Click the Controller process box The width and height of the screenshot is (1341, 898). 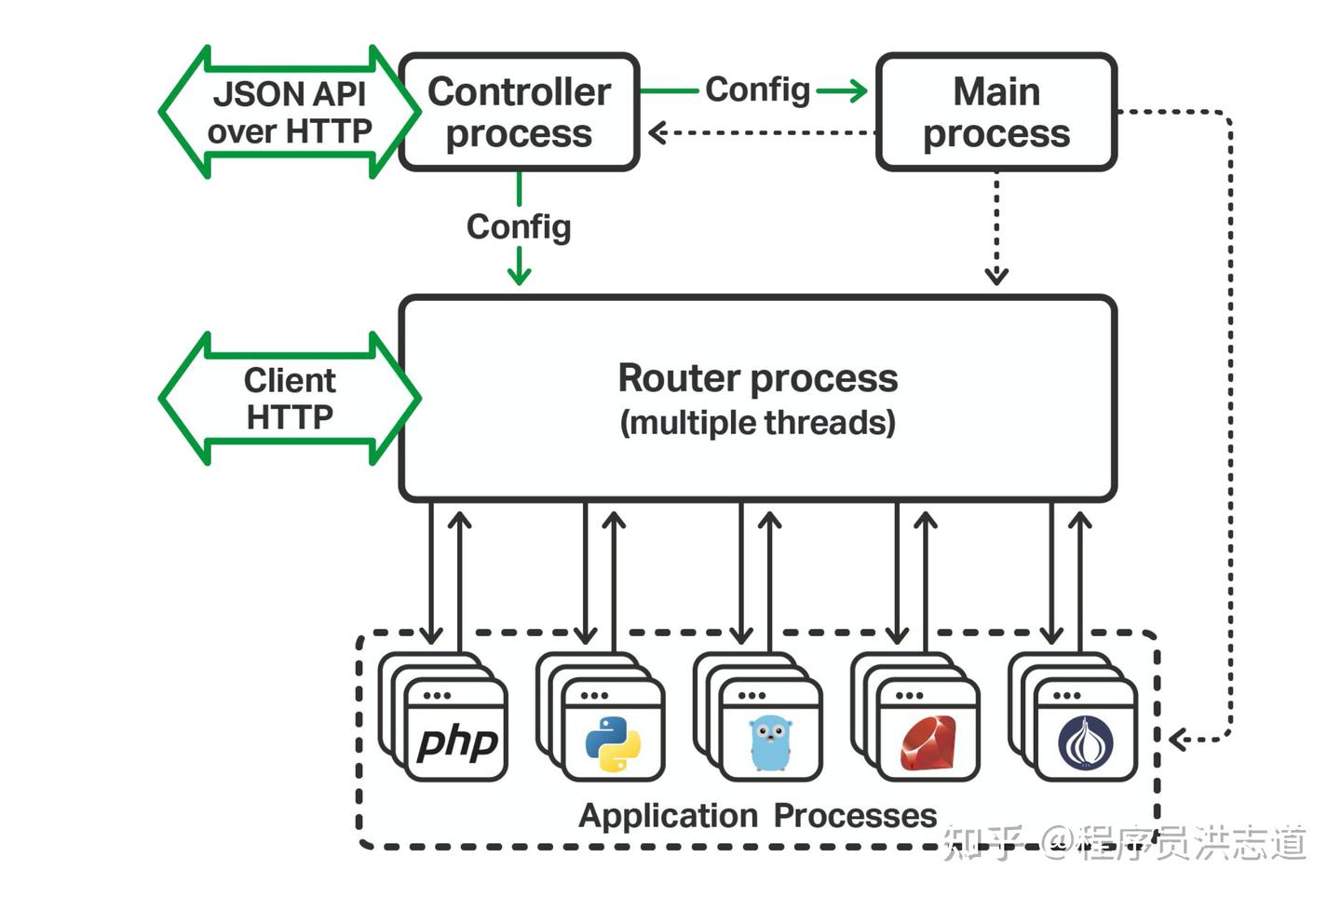click(519, 112)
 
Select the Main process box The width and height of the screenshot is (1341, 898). click(996, 112)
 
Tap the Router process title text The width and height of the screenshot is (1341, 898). click(757, 378)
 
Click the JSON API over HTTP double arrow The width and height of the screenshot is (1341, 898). click(289, 112)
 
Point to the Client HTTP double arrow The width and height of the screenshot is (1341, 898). click(289, 399)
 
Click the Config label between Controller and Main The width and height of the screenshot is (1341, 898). click(757, 90)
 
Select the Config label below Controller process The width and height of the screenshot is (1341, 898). click(519, 226)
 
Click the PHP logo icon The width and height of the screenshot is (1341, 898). click(457, 742)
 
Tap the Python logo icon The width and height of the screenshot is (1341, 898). click(613, 743)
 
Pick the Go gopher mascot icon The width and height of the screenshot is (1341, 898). click(770, 743)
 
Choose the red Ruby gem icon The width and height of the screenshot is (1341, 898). click(928, 743)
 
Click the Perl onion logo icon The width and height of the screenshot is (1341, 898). click(1085, 743)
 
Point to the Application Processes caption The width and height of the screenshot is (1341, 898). click(757, 815)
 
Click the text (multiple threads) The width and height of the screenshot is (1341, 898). click(757, 423)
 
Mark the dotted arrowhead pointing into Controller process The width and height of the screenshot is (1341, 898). click(657, 133)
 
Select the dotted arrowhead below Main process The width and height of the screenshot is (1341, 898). click(996, 276)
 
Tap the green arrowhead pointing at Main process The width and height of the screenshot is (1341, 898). click(856, 90)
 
